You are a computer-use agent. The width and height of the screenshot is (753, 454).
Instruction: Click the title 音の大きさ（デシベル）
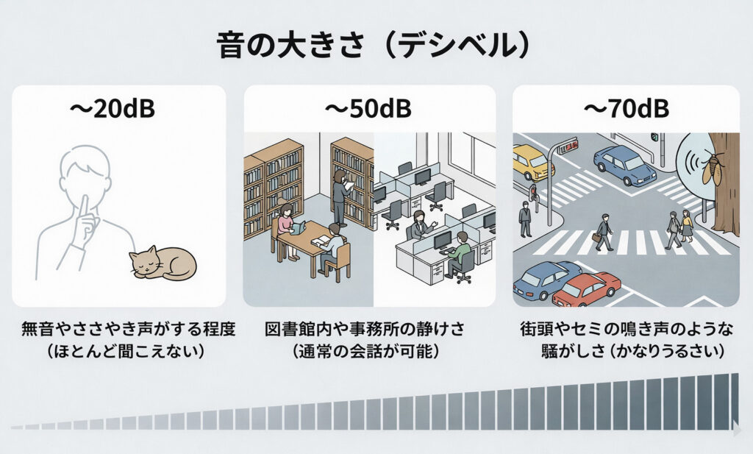pos(374,46)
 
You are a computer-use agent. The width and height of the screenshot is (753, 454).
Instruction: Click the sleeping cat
pos(163,262)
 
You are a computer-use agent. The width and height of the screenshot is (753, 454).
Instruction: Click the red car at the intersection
pos(587,288)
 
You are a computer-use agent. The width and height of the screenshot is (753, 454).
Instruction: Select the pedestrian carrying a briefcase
pos(604,231)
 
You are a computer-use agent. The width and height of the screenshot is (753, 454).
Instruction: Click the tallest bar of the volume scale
pos(732,401)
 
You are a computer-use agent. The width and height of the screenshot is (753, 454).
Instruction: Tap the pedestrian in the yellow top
pos(687,224)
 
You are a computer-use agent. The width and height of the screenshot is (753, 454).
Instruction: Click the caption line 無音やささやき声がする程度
pos(118,329)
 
